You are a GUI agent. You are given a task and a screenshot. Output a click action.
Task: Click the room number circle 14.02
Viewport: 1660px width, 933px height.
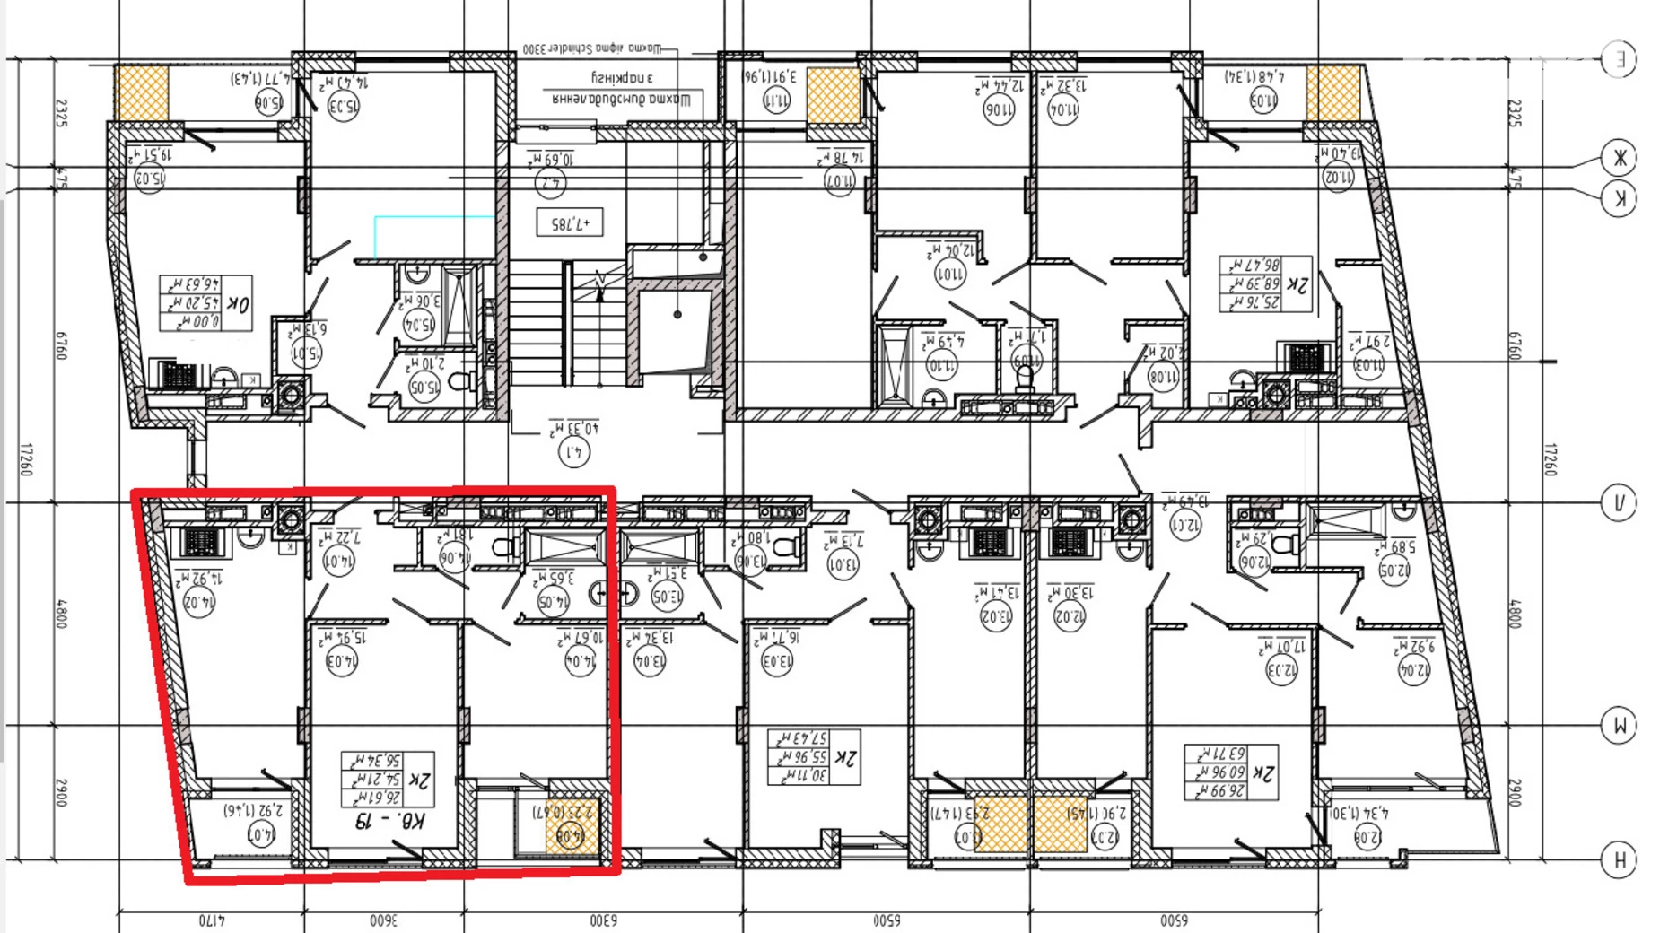tap(198, 602)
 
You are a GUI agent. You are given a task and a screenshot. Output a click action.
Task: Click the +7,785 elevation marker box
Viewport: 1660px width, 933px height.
tap(569, 222)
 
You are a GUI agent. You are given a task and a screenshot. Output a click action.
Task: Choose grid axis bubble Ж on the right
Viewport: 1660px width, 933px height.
tap(1619, 159)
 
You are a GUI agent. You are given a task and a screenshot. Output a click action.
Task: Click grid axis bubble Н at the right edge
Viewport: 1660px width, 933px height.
tap(1619, 859)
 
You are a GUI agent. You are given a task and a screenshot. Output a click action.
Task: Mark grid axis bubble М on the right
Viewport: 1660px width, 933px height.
tap(1619, 726)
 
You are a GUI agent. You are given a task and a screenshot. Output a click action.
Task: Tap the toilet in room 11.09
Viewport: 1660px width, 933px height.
tap(1026, 379)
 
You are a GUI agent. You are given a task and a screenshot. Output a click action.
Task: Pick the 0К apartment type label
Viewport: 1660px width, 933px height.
tap(238, 303)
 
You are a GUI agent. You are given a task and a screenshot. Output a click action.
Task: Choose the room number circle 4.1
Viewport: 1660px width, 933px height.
tap(574, 453)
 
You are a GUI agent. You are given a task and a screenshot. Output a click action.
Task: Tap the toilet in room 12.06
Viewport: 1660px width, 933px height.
tap(1285, 543)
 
